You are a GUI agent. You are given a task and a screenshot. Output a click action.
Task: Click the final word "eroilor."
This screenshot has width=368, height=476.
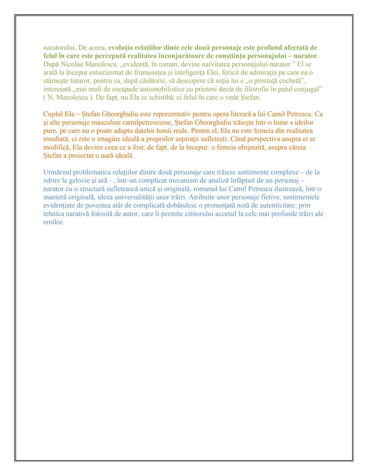[54, 222]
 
